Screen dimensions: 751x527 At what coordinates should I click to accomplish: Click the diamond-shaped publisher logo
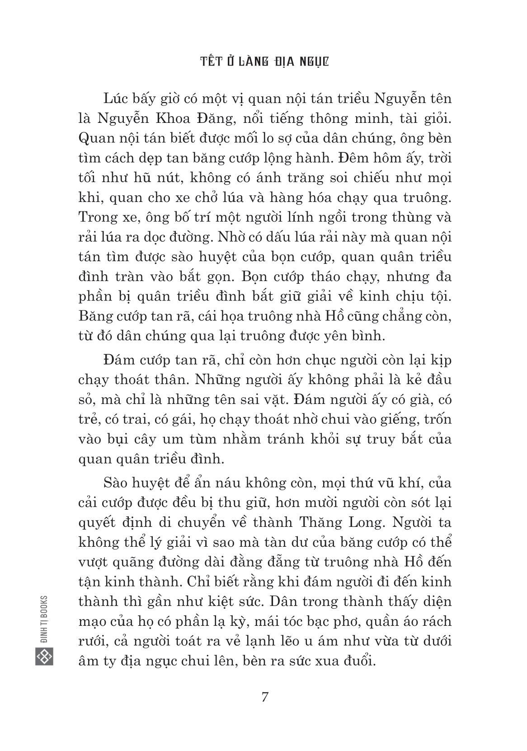click(x=44, y=656)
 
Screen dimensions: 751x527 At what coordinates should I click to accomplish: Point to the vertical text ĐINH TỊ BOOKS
click(x=44, y=619)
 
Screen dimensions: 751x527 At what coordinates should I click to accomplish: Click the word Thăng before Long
click(x=318, y=522)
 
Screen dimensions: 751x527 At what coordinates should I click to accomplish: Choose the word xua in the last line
click(x=325, y=661)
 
